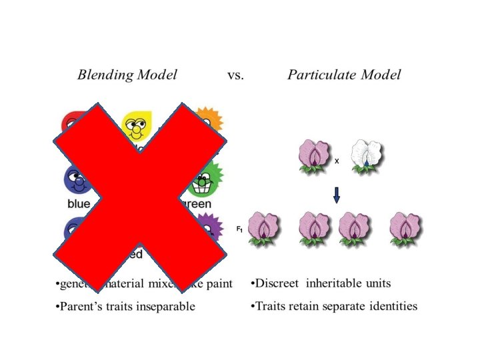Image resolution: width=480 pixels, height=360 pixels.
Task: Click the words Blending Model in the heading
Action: click(x=127, y=75)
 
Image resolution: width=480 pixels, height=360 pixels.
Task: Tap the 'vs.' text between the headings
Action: click(x=235, y=75)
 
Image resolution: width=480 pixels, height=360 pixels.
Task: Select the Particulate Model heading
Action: click(x=344, y=75)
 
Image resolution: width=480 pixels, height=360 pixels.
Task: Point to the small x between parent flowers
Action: click(x=337, y=161)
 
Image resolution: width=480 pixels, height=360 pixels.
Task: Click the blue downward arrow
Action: click(x=336, y=194)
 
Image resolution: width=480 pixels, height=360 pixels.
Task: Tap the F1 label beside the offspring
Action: click(x=239, y=229)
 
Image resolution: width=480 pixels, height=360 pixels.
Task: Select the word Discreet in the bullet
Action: click(x=278, y=283)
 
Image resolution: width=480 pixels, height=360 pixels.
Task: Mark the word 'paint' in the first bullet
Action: click(x=219, y=284)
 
